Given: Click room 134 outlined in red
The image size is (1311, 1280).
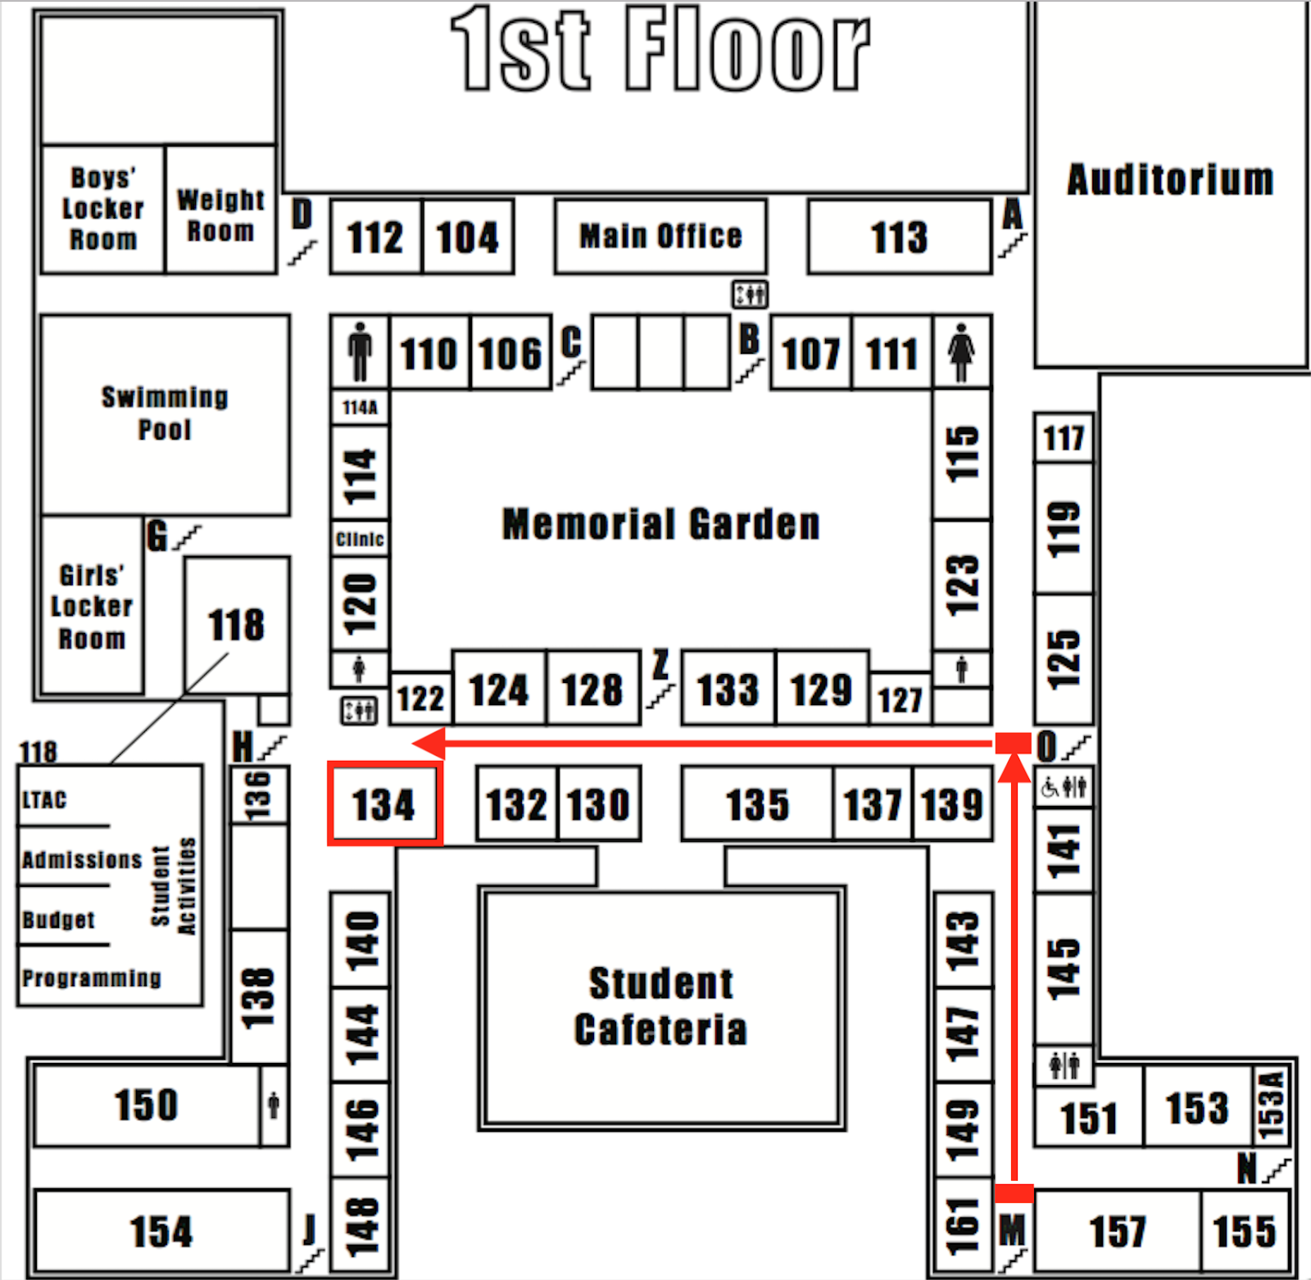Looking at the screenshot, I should coord(384,803).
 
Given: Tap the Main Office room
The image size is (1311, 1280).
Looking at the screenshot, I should coord(660,236).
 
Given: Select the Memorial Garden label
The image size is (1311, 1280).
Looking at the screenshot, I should coord(660,524).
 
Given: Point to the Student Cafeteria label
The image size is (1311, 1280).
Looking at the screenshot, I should coord(660,1006).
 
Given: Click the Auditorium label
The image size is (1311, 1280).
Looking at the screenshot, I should coord(1170,179).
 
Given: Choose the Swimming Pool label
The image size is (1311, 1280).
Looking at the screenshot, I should coord(165,413).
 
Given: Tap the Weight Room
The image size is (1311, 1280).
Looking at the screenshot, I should coord(220,215).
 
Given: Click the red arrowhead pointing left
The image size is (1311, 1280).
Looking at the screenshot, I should coord(429,744).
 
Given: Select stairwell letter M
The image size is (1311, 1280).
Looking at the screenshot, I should coord(1012,1230).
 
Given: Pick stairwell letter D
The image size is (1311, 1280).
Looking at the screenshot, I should coord(302,215).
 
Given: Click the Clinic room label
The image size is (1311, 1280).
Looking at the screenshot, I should coord(360,539).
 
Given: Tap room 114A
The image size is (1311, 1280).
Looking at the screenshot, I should coord(360,407).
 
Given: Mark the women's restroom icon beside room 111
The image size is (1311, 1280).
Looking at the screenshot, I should coord(961,352).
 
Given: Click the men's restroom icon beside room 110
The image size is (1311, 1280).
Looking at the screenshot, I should coord(360,352).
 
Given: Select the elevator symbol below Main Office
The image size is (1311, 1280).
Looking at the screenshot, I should coord(750,294).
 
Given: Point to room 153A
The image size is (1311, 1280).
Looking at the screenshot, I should coord(1270,1105).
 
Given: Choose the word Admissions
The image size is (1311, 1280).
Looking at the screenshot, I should coord(82,860).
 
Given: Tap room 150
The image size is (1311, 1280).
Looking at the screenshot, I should coord(146,1105).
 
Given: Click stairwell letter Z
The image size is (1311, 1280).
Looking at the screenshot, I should coord(660,665).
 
